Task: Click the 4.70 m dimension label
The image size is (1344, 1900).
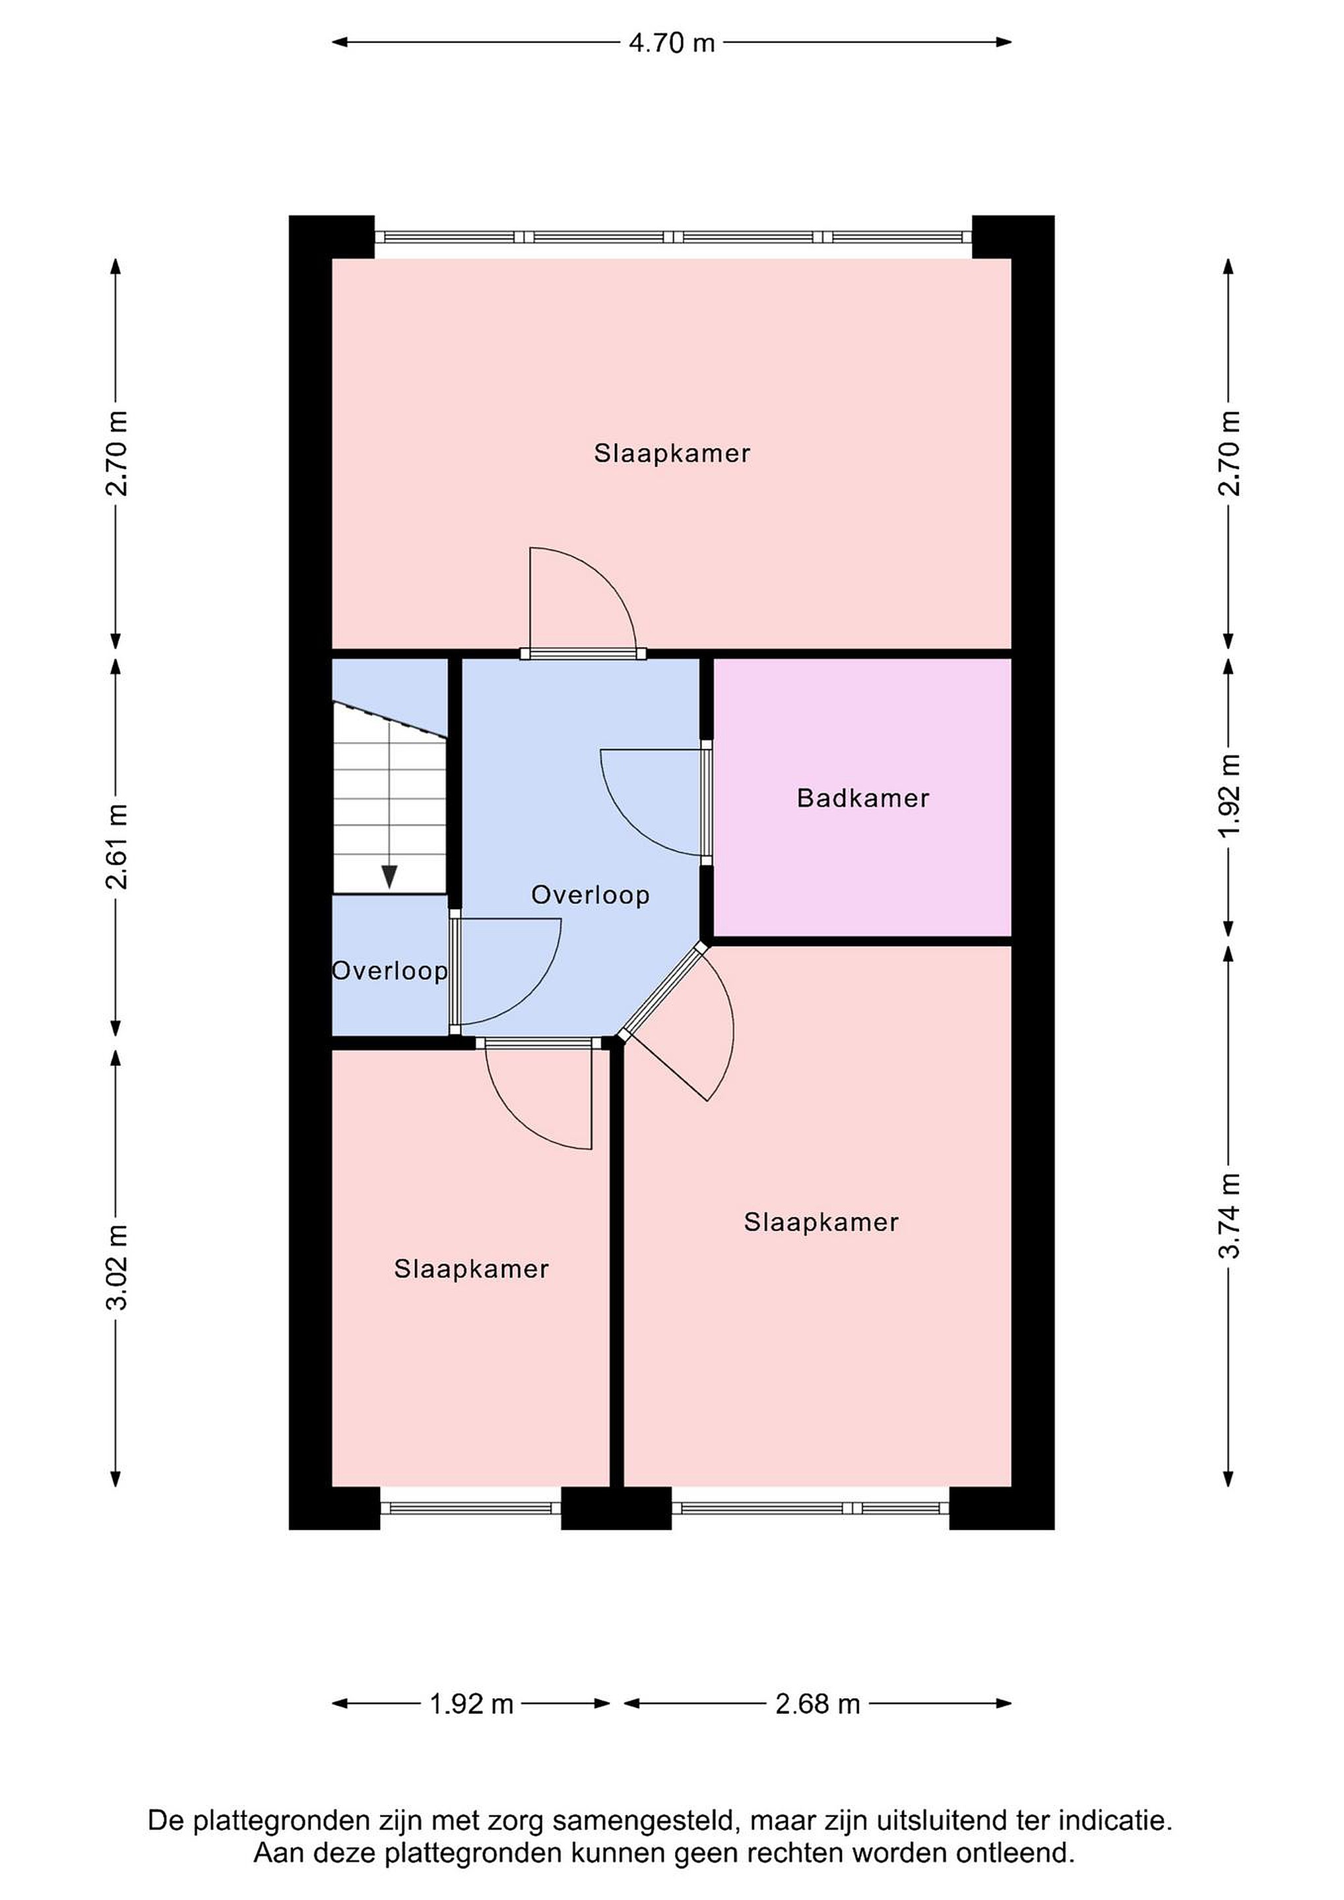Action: tap(671, 42)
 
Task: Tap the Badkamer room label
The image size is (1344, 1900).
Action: tap(863, 798)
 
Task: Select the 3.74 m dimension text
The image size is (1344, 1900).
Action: tap(1229, 1216)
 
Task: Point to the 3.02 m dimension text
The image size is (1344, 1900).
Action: tap(117, 1268)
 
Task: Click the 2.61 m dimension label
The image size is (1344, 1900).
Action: tap(117, 846)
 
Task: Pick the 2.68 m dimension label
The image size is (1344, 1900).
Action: tap(817, 1704)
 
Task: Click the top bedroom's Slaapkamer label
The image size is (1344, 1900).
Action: tap(672, 453)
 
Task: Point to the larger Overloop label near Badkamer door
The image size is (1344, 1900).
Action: tap(590, 895)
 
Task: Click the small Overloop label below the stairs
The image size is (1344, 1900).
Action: tap(390, 970)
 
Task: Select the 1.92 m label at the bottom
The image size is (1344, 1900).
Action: tap(472, 1704)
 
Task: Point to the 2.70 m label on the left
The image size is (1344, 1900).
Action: tap(117, 453)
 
